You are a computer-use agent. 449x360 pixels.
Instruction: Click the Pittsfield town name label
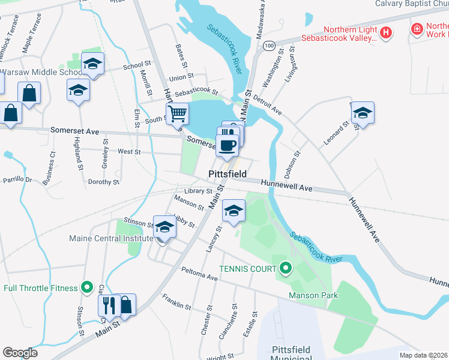pyautogui.click(x=228, y=173)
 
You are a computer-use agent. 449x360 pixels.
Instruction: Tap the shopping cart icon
pyautogui.click(x=178, y=113)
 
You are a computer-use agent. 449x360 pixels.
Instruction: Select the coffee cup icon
pyautogui.click(x=227, y=145)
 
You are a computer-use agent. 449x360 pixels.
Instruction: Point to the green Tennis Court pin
pyautogui.click(x=286, y=268)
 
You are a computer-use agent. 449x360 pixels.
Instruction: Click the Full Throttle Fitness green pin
pyautogui.click(x=88, y=288)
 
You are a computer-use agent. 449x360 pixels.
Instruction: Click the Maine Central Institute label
pyautogui.click(x=111, y=238)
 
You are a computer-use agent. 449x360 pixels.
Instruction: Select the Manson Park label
pyautogui.click(x=313, y=295)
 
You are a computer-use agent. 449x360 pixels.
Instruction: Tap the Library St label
pyautogui.click(x=199, y=191)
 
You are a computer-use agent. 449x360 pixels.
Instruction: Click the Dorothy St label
pyautogui.click(x=104, y=182)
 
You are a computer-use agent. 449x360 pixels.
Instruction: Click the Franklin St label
pyautogui.click(x=176, y=301)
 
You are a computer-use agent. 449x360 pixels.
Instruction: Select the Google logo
pyautogui.click(x=20, y=353)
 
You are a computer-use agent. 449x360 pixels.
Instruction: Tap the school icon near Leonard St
pyautogui.click(x=363, y=113)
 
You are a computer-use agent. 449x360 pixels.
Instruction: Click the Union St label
pyautogui.click(x=181, y=77)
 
